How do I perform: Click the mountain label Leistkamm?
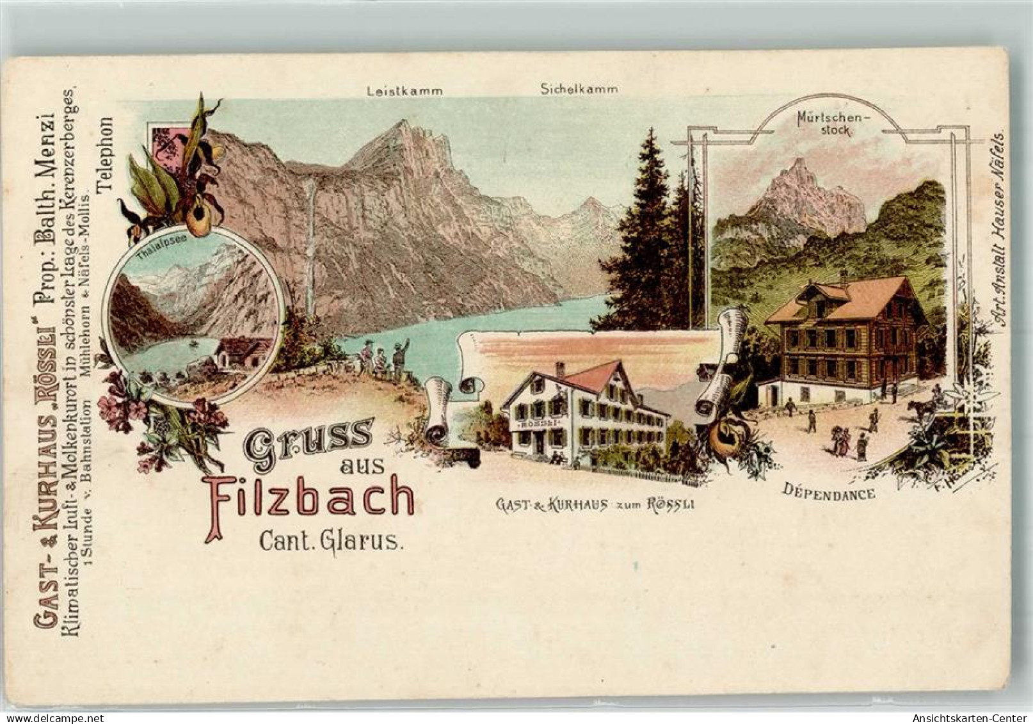tap(404, 91)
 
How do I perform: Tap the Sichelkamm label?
tap(579, 89)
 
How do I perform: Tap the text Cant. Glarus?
tap(331, 542)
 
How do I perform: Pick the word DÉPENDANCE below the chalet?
tap(829, 493)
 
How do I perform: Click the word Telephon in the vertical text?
tap(104, 155)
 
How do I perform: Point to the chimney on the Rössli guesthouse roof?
tap(560, 369)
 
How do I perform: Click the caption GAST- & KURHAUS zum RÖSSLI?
tap(595, 504)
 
